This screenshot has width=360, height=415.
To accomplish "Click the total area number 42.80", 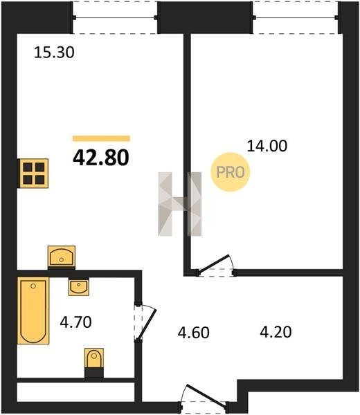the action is click(101, 158).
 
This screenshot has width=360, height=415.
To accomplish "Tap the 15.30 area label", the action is click(54, 53).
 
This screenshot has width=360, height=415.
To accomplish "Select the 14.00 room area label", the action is click(267, 146).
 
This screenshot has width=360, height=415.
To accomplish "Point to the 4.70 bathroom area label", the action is click(75, 322).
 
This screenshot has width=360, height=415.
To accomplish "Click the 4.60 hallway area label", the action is click(194, 333).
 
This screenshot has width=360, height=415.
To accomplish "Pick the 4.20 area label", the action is click(276, 332).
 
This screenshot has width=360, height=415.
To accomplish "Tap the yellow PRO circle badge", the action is click(231, 172).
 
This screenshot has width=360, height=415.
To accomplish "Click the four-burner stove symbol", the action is click(34, 174).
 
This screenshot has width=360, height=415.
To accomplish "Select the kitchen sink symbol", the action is click(62, 257).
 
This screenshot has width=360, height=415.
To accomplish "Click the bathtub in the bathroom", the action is click(33, 311).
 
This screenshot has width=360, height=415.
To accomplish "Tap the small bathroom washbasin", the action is click(79, 287).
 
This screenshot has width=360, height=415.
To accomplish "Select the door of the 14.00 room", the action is click(216, 266).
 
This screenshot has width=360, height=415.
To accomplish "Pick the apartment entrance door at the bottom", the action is click(204, 399).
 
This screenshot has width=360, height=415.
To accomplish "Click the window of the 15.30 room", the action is click(115, 18).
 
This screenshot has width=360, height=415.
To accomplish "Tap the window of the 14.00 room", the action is click(295, 18).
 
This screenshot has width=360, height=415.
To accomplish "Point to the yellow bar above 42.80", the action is click(102, 138).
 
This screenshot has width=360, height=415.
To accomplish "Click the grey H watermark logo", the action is click(179, 204).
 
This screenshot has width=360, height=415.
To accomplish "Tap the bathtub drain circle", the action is click(33, 286).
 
